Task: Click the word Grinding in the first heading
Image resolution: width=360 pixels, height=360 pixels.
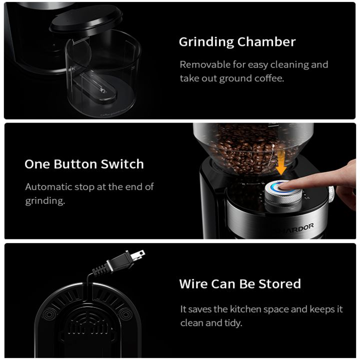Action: (206, 42)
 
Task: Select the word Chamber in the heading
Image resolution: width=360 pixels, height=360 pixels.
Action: (266, 42)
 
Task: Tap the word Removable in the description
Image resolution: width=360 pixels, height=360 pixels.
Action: (205, 64)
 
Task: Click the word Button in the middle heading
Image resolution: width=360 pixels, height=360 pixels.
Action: (75, 164)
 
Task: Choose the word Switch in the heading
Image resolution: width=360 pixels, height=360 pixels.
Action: (122, 164)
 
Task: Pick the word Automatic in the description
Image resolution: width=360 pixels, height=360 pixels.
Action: (48, 187)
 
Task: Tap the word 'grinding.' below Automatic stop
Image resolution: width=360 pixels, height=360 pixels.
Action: (45, 201)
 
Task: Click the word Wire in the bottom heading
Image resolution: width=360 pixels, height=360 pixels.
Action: (193, 284)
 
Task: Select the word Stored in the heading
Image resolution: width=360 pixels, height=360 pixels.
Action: (279, 284)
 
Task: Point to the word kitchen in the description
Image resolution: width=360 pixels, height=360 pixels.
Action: (245, 309)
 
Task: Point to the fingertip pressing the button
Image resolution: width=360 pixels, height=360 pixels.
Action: (284, 185)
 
